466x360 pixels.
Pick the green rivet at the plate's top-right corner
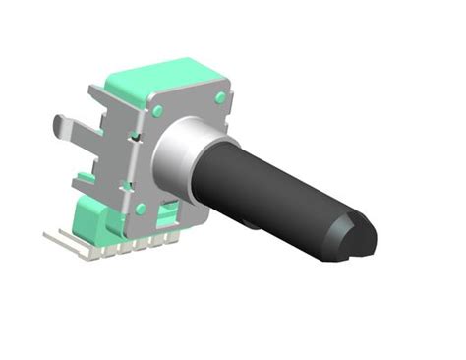point(219,97)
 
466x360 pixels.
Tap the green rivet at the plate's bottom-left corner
point(141,209)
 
